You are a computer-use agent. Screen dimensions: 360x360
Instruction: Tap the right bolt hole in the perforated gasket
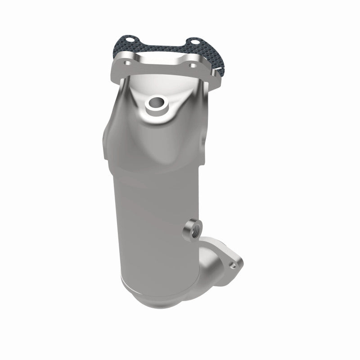[x=194, y=44]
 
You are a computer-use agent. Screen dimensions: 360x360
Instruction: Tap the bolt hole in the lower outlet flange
[x=233, y=266]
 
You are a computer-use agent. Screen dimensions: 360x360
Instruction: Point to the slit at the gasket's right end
[x=219, y=70]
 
